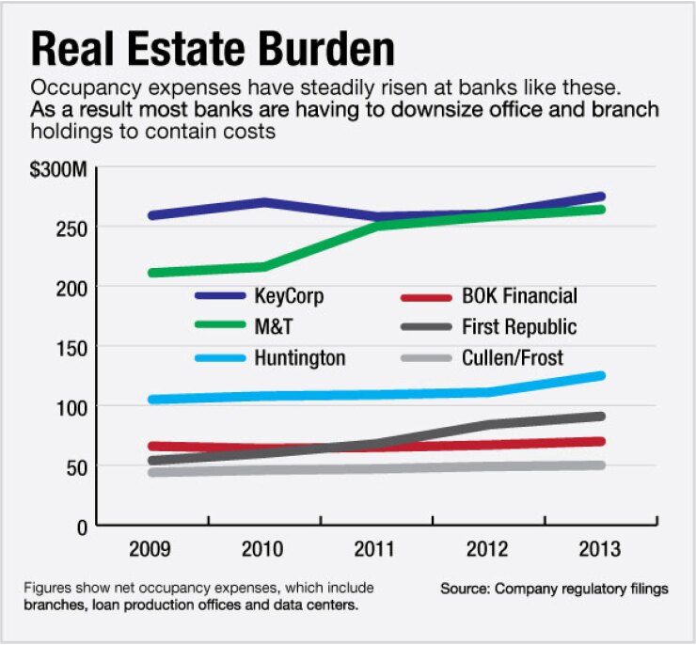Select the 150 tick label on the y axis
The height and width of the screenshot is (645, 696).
73,347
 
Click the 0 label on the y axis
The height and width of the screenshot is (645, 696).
83,527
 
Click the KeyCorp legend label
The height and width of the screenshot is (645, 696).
290,297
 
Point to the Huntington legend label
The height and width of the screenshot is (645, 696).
299,358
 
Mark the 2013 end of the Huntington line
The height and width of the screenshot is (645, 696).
600,376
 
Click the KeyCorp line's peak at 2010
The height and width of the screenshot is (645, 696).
265,202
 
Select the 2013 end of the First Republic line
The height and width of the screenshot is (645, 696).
600,416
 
